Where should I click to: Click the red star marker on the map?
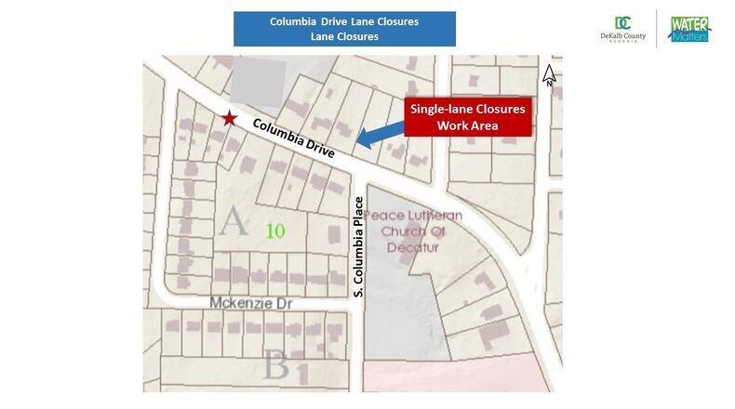click(229, 118)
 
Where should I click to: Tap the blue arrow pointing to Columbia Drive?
click(381, 137)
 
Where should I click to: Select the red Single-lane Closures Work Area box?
click(469, 116)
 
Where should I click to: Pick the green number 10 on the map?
click(274, 230)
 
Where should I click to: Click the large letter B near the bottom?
click(275, 363)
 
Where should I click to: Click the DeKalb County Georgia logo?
click(623, 28)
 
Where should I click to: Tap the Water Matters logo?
click(690, 28)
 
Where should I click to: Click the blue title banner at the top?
click(345, 28)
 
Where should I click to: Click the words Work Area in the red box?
click(469, 125)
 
